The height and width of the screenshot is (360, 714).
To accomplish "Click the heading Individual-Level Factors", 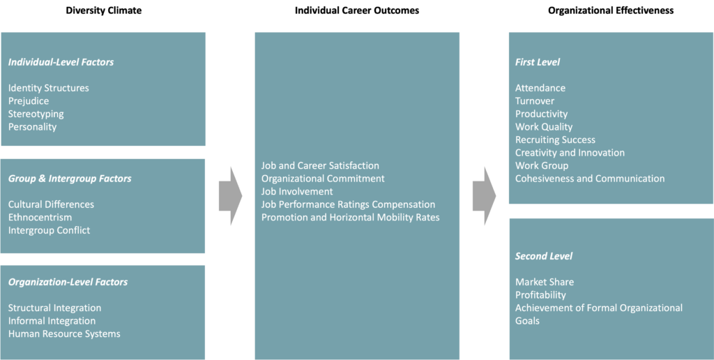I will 61,62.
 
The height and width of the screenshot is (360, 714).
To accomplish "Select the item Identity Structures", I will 49,88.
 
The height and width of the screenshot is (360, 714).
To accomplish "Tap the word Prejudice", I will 29,101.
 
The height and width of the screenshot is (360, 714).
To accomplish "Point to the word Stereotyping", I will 36,114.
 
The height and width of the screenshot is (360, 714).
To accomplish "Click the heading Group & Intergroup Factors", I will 70,179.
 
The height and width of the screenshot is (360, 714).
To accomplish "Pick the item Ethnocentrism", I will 40,217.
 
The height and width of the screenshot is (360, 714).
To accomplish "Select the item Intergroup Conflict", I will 49,230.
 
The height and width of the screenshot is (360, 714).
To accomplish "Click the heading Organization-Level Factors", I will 68,282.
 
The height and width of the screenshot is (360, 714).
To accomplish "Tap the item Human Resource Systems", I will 64,333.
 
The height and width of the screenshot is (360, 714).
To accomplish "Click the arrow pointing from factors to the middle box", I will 230,195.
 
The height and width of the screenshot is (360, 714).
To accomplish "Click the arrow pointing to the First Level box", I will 484,195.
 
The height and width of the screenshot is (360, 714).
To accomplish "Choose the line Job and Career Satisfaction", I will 320,165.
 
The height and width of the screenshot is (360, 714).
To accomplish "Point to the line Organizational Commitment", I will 323,179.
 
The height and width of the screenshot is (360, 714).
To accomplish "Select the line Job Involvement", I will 297,191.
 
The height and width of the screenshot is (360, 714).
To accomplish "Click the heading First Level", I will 537,62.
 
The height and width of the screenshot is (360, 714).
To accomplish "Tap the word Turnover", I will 535,101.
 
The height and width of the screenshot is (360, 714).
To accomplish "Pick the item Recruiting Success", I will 555,140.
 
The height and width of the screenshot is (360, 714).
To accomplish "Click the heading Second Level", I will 543,256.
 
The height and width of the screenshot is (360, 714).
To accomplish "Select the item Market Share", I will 544,282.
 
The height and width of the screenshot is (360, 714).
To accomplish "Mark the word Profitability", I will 540,295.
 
